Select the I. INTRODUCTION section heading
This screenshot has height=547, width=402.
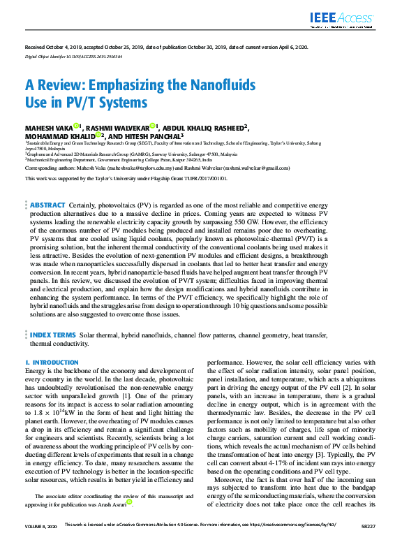coord(47,363)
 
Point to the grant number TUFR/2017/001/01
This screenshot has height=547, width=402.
coord(200,178)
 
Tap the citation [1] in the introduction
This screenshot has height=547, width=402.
coord(127,395)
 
